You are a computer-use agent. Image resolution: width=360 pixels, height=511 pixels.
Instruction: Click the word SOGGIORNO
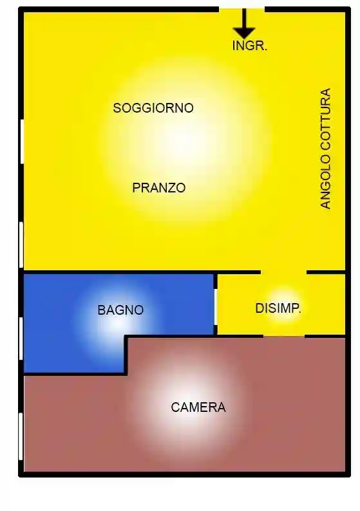153,108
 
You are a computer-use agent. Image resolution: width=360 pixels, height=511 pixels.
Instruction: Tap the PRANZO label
159,188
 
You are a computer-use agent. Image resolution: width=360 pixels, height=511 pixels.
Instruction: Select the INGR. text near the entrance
249,46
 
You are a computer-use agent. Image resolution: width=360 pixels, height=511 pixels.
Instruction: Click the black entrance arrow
243,24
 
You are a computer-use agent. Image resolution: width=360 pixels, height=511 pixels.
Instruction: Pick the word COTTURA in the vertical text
326,120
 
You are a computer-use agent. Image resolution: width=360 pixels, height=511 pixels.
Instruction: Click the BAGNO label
120,310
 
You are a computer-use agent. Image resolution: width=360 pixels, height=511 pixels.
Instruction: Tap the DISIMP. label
278,308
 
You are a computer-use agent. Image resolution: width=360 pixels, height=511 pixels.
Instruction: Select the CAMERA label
198,407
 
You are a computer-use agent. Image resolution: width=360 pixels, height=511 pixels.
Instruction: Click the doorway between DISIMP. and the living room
283,272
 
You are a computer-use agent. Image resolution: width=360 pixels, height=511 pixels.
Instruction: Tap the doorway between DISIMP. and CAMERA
283,335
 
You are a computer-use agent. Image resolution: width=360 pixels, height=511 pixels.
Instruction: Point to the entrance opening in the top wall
242,9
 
